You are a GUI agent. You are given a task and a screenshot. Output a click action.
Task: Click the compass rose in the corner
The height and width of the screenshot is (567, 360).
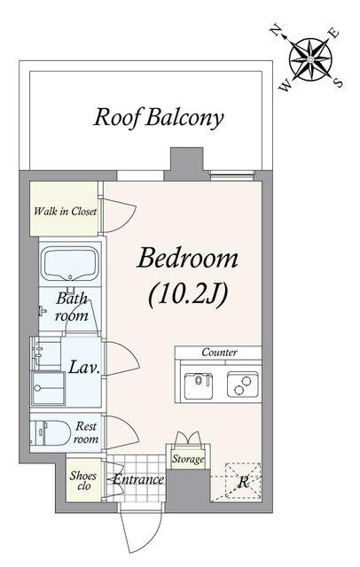point(310,59)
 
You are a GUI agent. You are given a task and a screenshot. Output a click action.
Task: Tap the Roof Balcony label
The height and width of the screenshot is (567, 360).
point(159,118)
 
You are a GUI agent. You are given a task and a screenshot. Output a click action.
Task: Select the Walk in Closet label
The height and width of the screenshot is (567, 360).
point(65,211)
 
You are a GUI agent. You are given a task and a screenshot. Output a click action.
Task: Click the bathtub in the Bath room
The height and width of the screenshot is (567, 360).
point(71,263)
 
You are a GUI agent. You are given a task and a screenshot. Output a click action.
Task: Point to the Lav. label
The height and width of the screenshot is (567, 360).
point(84,367)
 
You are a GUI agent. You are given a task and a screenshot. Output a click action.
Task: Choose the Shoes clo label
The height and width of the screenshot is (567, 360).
point(83,480)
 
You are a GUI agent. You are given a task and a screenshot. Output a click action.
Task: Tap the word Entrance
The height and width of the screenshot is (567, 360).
point(138,479)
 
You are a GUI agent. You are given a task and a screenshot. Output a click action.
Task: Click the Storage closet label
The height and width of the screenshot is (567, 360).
point(188,459)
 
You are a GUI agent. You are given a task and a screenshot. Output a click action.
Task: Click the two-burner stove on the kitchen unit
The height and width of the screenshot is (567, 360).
point(243,384)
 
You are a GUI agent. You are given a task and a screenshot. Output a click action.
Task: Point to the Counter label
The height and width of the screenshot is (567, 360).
point(219,352)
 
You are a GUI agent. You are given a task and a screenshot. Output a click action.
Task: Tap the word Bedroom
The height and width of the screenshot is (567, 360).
point(187,259)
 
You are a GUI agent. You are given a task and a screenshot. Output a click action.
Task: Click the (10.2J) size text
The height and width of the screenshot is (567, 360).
point(188,295)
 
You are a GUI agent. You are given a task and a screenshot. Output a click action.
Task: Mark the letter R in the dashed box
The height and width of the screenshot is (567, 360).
point(244,482)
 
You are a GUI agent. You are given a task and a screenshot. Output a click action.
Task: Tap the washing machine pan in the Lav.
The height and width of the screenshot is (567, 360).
point(48,388)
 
